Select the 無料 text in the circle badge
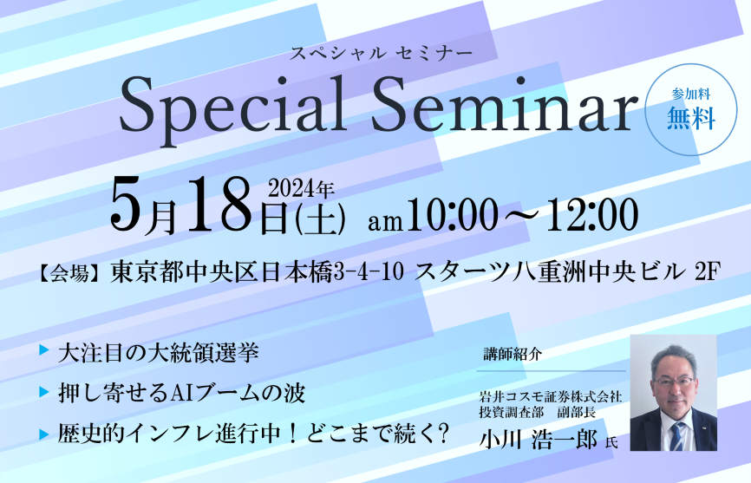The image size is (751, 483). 691,118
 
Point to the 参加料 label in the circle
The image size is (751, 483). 690,94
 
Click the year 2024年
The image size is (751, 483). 301,189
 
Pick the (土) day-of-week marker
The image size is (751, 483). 320,219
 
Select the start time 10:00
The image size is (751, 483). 451,216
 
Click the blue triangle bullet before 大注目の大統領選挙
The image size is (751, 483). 44,350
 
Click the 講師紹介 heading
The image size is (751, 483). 513,355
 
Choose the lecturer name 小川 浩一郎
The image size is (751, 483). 539,440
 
